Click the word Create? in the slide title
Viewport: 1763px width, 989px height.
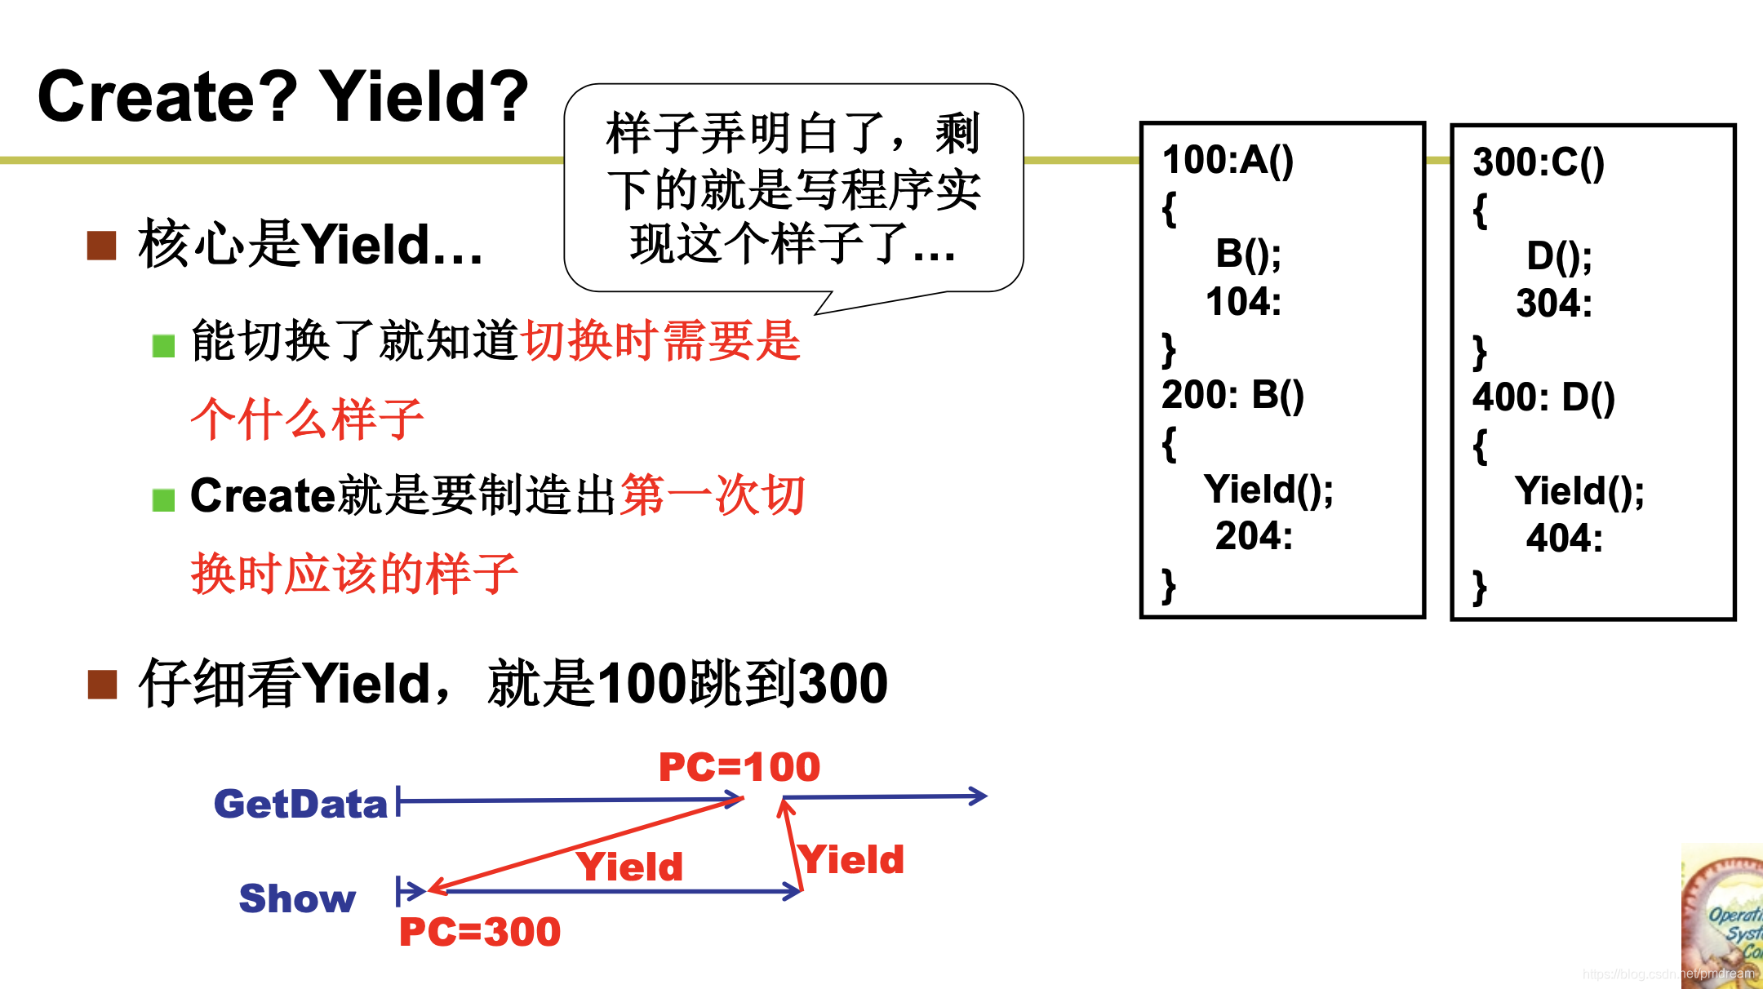pos(167,97)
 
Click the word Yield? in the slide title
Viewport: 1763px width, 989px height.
pos(424,97)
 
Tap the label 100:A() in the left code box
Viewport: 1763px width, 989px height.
pos(1228,160)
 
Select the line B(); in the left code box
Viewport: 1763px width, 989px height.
pos(1248,254)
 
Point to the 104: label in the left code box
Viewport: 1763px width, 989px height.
pos(1243,302)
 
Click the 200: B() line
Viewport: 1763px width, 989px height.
pos(1232,395)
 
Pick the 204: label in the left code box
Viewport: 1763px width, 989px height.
pos(1254,537)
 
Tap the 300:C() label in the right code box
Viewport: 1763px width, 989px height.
pos(1538,162)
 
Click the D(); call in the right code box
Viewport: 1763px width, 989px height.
pos(1559,256)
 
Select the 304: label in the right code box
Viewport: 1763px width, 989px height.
pos(1554,304)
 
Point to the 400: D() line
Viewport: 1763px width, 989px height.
pos(1543,397)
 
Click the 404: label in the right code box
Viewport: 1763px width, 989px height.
pos(1564,539)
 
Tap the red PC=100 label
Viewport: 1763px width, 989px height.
pos(739,767)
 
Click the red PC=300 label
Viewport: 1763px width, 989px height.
pos(479,932)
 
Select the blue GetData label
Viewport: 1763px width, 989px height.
pos(300,805)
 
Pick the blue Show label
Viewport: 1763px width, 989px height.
pos(297,898)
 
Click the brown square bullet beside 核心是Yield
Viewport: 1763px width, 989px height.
pos(102,245)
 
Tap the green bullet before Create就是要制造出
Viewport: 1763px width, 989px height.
pos(163,499)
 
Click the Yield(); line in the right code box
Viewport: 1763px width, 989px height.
pos(1579,492)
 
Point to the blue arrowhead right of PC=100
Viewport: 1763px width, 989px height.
pos(978,796)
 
